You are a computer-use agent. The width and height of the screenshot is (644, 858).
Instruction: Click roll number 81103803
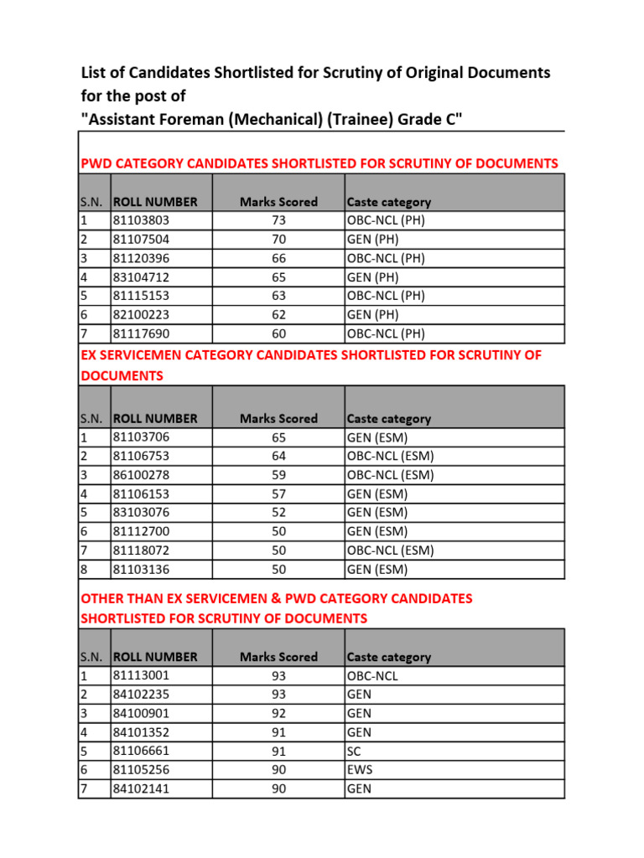pyautogui.click(x=141, y=220)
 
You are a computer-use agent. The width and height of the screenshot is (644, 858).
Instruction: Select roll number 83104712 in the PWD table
pyautogui.click(x=141, y=277)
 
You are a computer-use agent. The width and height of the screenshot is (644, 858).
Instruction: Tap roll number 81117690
pyautogui.click(x=141, y=333)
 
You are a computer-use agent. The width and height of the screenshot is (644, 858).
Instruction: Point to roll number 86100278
pyautogui.click(x=141, y=475)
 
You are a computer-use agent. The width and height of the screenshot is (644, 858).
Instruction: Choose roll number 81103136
pyautogui.click(x=141, y=570)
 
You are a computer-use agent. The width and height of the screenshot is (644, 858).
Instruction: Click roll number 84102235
pyautogui.click(x=141, y=695)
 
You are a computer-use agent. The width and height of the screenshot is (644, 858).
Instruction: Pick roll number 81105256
pyautogui.click(x=141, y=770)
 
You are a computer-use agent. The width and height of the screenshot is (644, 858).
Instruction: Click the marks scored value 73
pyautogui.click(x=278, y=220)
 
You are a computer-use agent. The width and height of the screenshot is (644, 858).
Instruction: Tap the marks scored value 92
pyautogui.click(x=278, y=714)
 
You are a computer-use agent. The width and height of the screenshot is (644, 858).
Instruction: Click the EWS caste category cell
pyautogui.click(x=359, y=770)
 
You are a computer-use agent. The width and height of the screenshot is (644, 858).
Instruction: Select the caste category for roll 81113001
pyautogui.click(x=371, y=676)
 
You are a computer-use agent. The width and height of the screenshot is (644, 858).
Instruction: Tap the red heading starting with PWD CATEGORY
pyautogui.click(x=319, y=163)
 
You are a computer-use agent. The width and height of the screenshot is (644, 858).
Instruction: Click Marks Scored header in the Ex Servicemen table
pyautogui.click(x=278, y=418)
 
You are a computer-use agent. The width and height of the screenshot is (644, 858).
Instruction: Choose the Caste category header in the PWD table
pyautogui.click(x=388, y=202)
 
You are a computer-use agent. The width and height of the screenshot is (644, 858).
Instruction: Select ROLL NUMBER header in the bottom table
pyautogui.click(x=155, y=657)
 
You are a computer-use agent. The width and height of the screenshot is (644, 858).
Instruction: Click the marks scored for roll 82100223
pyautogui.click(x=278, y=315)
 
